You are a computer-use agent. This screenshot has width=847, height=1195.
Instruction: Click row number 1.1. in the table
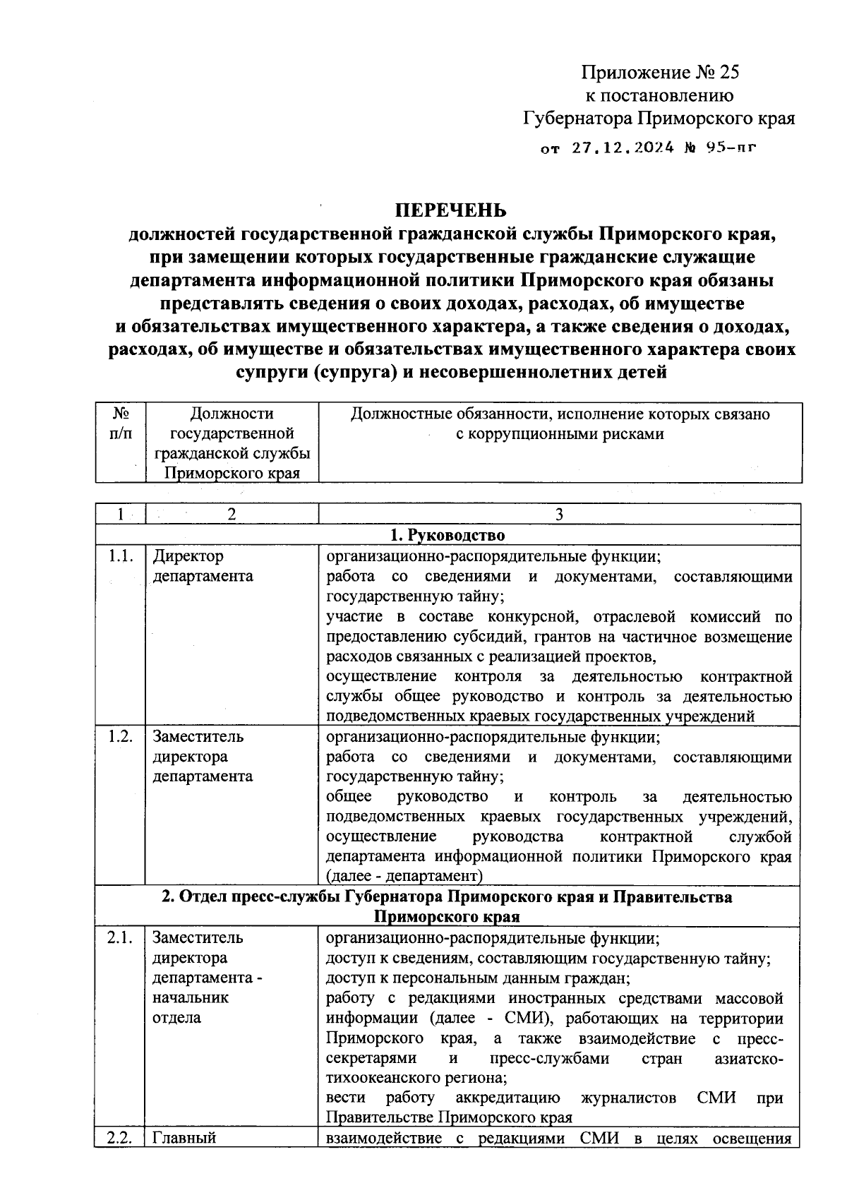(x=120, y=556)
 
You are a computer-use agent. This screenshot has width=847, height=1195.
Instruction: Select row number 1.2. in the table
(x=120, y=737)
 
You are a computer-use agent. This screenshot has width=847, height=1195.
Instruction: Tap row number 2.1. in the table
(x=120, y=938)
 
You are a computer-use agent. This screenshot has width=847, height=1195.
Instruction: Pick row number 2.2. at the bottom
(x=120, y=1138)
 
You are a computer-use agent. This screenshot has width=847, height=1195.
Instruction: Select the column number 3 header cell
(x=559, y=515)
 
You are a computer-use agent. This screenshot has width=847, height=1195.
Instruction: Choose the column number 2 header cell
(x=232, y=515)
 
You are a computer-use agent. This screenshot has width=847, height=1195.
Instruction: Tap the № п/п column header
(x=121, y=424)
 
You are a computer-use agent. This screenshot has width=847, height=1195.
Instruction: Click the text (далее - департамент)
(x=404, y=876)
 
